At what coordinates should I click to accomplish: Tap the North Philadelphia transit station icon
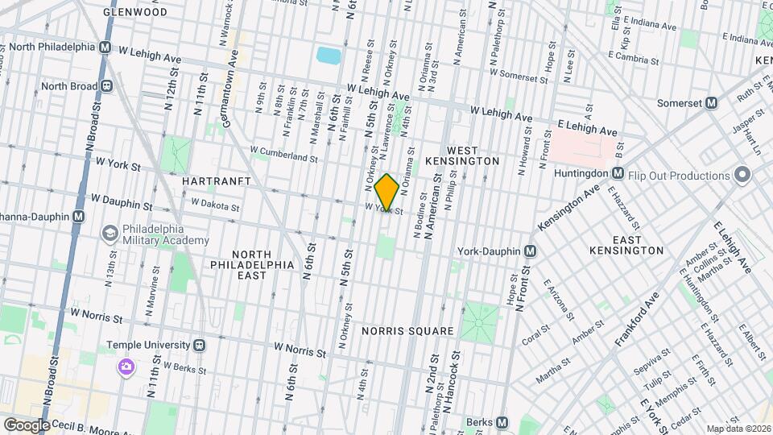pyautogui.click(x=105, y=47)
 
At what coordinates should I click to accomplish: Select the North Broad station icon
pyautogui.click(x=105, y=86)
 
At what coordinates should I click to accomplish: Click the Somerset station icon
pyautogui.click(x=711, y=103)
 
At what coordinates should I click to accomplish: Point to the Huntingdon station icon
pyautogui.click(x=617, y=172)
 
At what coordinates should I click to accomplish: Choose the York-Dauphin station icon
pyautogui.click(x=530, y=251)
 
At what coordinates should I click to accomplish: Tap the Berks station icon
pyautogui.click(x=502, y=422)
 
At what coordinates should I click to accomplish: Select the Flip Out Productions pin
pyautogui.click(x=742, y=176)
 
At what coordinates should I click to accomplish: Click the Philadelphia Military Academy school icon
pyautogui.click(x=108, y=233)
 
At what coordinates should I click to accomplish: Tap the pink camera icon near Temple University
pyautogui.click(x=126, y=367)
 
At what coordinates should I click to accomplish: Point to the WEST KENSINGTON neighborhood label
pyautogui.click(x=473, y=155)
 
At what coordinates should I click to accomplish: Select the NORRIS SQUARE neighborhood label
pyautogui.click(x=407, y=331)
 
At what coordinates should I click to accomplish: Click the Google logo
pyautogui.click(x=26, y=425)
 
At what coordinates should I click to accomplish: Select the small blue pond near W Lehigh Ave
pyautogui.click(x=329, y=56)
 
